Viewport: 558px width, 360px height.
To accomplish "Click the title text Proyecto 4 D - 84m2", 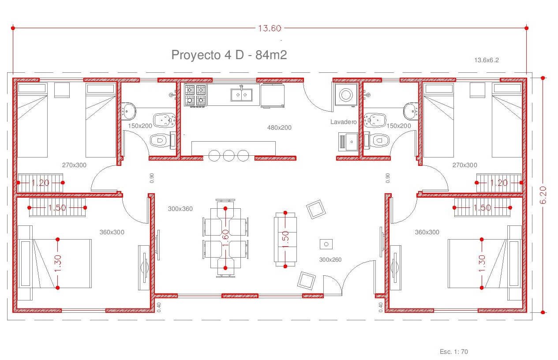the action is point(229,55).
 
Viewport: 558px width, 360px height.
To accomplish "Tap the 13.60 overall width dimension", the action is point(269,28).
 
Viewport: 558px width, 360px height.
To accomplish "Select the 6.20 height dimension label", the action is point(543,195).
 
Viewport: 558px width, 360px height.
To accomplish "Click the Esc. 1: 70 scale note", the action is point(453,352).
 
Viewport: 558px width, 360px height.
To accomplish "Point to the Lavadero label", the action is point(343,122).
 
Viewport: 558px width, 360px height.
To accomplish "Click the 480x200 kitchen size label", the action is point(279,127).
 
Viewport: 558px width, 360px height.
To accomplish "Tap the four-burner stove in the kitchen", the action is point(195,95).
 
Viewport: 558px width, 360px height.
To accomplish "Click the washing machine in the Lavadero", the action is point(346,95).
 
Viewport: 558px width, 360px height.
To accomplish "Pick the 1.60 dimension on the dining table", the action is point(225,238).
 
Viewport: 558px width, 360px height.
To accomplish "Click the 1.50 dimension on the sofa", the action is point(285,239).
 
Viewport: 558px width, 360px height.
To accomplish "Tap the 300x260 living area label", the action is point(330,259).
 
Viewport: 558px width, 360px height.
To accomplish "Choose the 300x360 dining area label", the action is point(180,209).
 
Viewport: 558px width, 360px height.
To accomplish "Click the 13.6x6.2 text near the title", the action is point(486,60).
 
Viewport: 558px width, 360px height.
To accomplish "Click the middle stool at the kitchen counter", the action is point(228,156).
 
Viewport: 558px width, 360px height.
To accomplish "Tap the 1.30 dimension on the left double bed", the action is point(57,263).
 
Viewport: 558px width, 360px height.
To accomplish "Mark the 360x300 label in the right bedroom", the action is point(427,232).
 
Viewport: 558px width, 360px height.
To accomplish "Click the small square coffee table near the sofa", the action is point(326,244).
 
